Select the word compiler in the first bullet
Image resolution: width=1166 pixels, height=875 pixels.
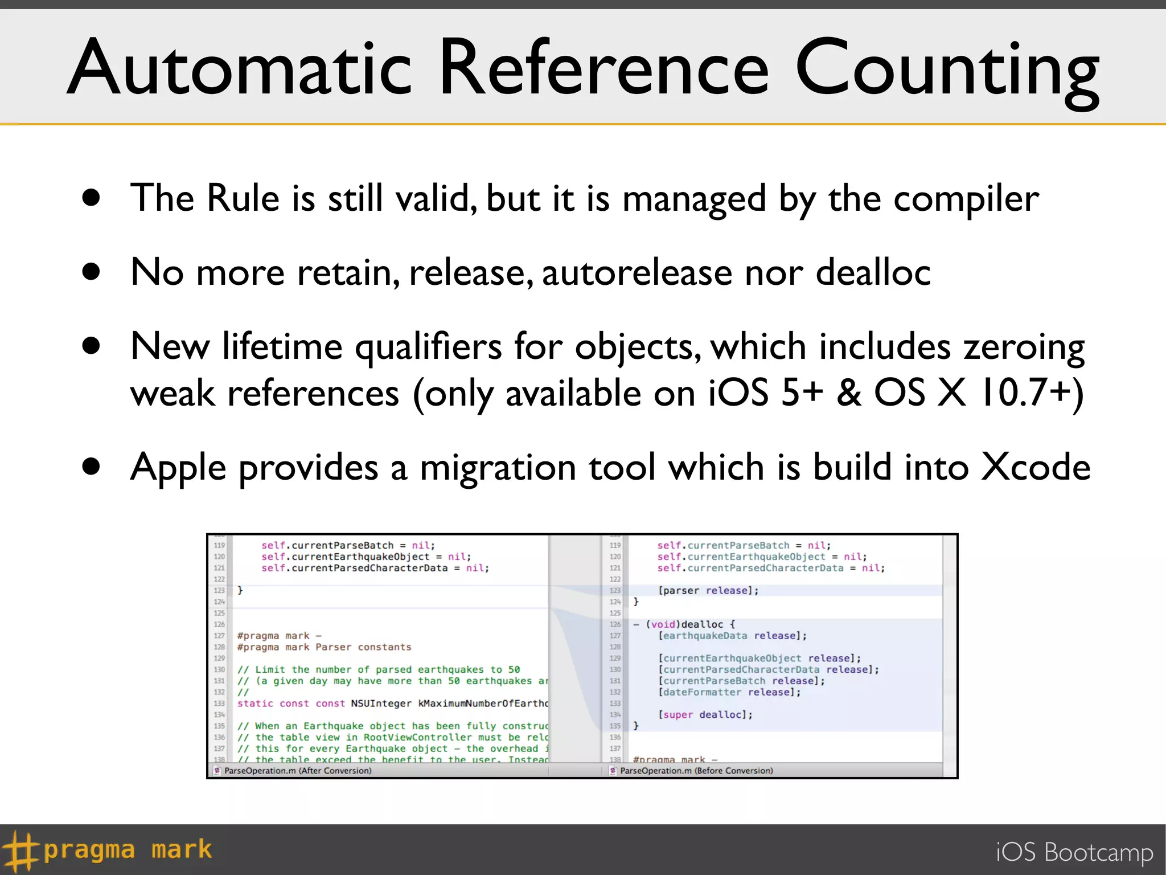[966, 199]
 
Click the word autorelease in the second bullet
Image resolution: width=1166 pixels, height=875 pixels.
[637, 272]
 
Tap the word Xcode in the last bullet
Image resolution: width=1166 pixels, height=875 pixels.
[1036, 467]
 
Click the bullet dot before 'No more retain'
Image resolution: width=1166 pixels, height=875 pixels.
[91, 271]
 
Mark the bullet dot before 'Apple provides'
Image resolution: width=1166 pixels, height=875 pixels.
[91, 467]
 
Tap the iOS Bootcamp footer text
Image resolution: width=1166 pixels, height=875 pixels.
[1074, 852]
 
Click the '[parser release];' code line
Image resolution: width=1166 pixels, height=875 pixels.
[708, 591]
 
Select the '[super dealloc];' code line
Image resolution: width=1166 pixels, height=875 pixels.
[705, 715]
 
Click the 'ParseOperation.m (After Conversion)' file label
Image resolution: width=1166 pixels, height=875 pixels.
[297, 771]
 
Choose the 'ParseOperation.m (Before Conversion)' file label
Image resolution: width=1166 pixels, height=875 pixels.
[696, 771]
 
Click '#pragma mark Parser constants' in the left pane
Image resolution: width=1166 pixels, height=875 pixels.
[324, 647]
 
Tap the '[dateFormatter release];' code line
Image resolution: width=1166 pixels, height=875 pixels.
[729, 692]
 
